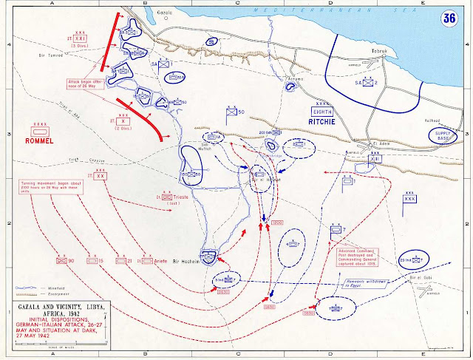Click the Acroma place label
point(295,77)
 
